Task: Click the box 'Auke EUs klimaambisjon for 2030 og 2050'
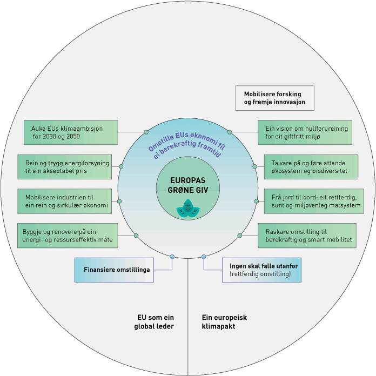71,132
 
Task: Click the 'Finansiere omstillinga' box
114,270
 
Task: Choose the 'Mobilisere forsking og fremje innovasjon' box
275,98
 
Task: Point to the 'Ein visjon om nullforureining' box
305,132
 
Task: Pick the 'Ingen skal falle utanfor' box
261,270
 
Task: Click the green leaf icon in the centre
187,209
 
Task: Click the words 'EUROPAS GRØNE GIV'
187,184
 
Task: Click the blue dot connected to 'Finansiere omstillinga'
172,257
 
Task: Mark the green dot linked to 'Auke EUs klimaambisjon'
146,132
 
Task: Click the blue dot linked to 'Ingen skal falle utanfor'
204,257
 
